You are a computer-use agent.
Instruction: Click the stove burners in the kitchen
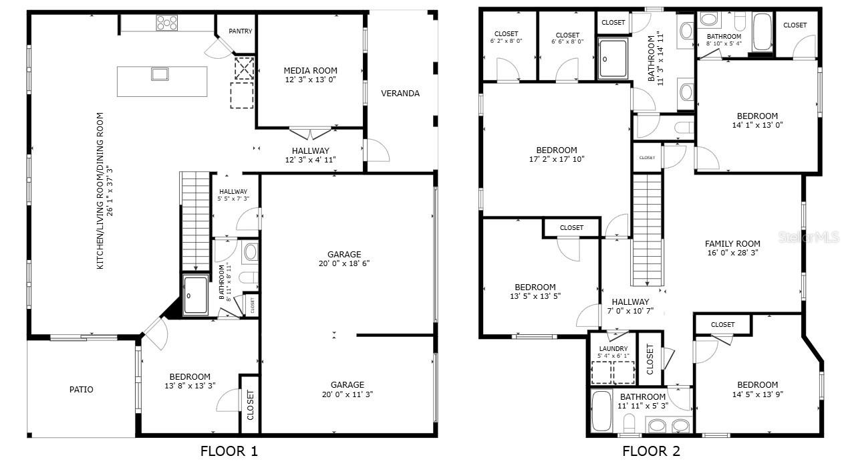(167, 23)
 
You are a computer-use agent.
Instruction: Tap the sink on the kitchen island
(160, 74)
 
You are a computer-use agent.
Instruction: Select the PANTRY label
(240, 31)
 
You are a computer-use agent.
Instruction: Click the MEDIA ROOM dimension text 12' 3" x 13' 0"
(310, 80)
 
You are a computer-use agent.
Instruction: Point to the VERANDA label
(400, 94)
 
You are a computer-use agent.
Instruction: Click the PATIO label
(82, 390)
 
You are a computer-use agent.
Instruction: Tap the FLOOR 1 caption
(229, 451)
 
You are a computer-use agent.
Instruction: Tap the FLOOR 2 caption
(651, 451)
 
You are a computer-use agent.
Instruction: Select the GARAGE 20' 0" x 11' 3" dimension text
(347, 394)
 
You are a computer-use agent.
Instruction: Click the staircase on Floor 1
(196, 221)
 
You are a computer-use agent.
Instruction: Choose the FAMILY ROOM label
(732, 244)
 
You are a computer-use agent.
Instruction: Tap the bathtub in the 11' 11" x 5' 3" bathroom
(601, 411)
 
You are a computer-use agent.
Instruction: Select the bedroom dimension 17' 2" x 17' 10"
(557, 160)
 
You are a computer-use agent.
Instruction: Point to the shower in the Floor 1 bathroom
(196, 295)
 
